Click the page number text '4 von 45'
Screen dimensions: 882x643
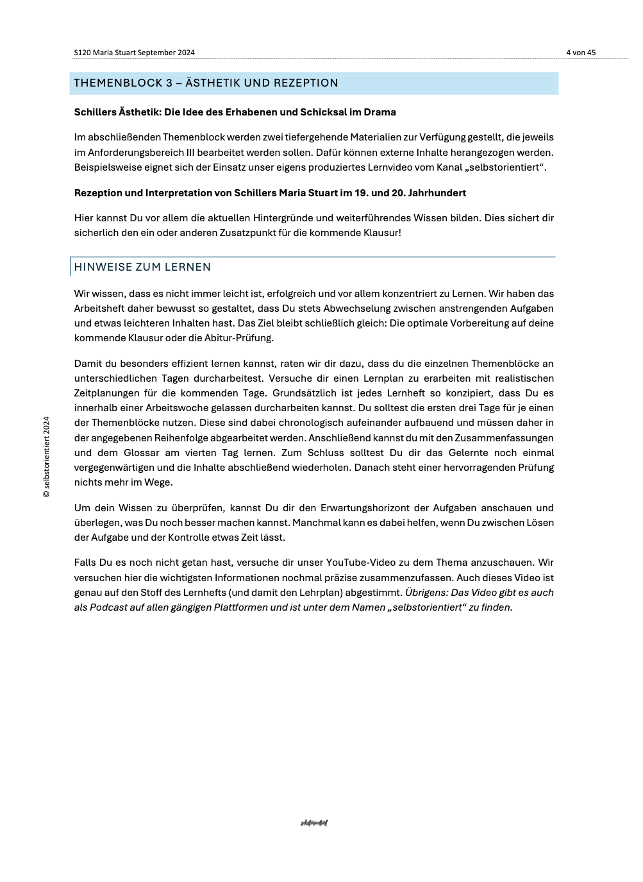click(580, 53)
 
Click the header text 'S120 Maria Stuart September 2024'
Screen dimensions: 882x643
click(134, 53)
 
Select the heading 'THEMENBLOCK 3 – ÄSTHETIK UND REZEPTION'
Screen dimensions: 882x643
click(206, 83)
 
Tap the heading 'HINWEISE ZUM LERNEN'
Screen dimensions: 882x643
click(142, 267)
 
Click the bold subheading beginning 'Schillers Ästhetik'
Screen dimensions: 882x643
click(235, 112)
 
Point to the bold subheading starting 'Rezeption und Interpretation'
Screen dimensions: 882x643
click(270, 193)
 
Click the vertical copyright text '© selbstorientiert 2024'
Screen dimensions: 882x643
click(46, 457)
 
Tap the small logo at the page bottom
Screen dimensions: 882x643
click(313, 823)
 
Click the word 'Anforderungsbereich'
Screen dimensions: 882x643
click(133, 153)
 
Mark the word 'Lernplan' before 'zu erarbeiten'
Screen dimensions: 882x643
click(383, 378)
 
